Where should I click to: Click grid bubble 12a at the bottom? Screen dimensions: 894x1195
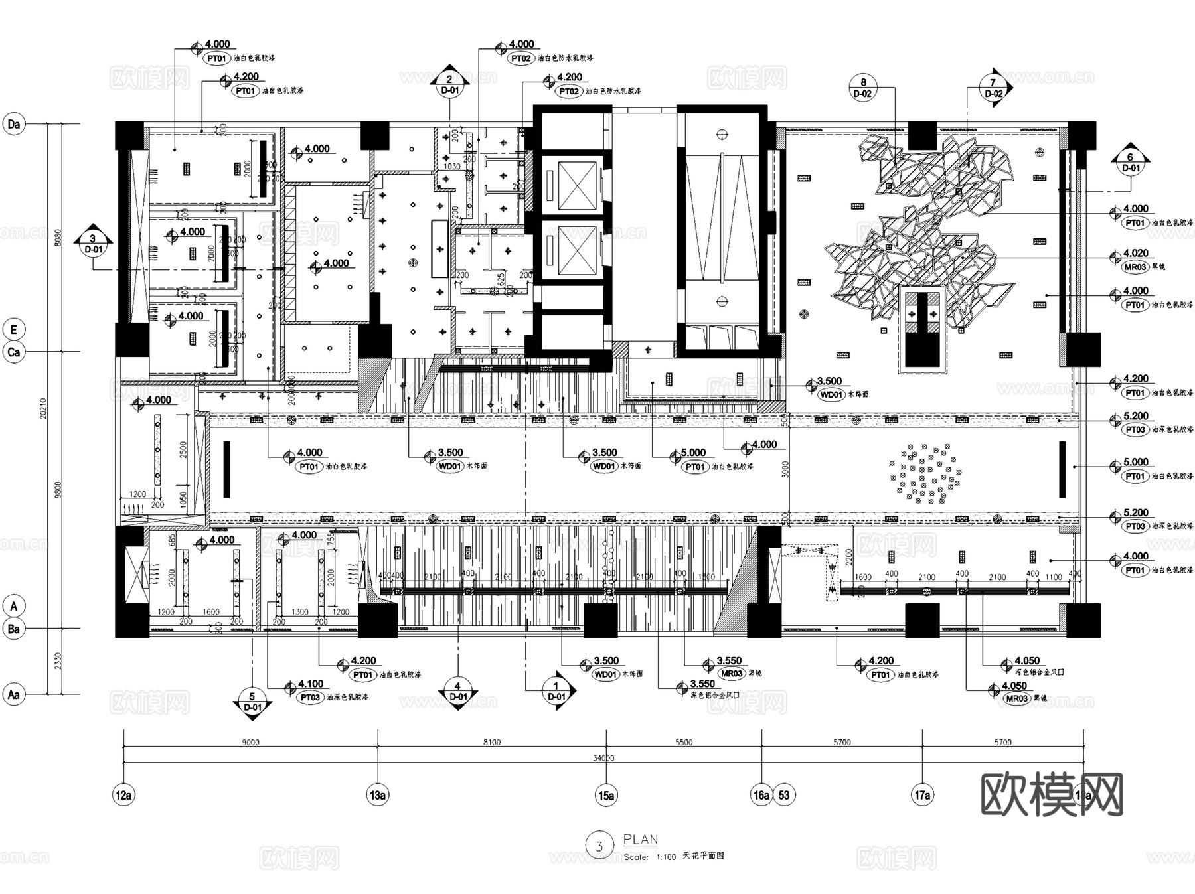pyautogui.click(x=124, y=795)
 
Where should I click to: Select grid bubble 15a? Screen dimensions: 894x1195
pyautogui.click(x=606, y=795)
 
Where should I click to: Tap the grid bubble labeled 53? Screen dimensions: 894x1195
pyautogui.click(x=784, y=795)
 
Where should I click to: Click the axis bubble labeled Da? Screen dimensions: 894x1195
pyautogui.click(x=14, y=124)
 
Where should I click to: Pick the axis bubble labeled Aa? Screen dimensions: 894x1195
pyautogui.click(x=14, y=695)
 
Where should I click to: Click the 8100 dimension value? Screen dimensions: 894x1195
pyautogui.click(x=492, y=743)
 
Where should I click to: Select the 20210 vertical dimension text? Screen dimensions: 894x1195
pyautogui.click(x=44, y=408)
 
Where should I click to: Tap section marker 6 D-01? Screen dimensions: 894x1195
pyautogui.click(x=1131, y=162)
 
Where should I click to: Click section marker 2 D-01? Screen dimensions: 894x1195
pyautogui.click(x=449, y=84)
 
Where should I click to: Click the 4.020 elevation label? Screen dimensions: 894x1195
pyautogui.click(x=1135, y=253)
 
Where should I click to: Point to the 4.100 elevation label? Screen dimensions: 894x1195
pyautogui.click(x=311, y=684)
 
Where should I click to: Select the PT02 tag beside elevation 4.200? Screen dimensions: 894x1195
pyautogui.click(x=570, y=92)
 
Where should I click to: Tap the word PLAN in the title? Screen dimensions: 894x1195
pyautogui.click(x=641, y=839)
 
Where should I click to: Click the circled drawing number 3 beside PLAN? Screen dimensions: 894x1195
pyautogui.click(x=599, y=846)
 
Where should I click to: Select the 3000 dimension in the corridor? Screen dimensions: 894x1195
pyautogui.click(x=785, y=469)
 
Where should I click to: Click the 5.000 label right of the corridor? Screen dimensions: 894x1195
pyautogui.click(x=1135, y=462)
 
